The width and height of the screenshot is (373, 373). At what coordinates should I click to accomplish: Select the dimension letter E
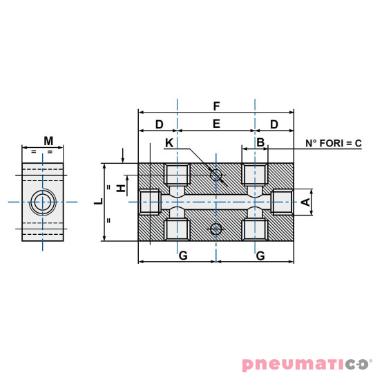pyautogui.click(x=216, y=124)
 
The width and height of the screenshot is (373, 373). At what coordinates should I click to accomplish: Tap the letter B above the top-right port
pyautogui.click(x=260, y=142)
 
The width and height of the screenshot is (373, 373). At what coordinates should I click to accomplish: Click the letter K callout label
pyautogui.click(x=170, y=143)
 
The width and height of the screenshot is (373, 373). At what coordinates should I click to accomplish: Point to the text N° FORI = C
pyautogui.click(x=334, y=143)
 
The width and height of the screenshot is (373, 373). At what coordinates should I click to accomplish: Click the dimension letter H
pyautogui.click(x=119, y=188)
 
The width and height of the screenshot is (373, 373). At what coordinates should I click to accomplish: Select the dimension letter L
pyautogui.click(x=98, y=201)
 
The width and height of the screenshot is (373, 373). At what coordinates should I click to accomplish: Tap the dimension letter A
pyautogui.click(x=305, y=202)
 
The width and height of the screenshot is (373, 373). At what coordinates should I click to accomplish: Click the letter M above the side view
pyautogui.click(x=48, y=141)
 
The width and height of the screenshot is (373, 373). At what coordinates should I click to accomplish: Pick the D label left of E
pyautogui.click(x=158, y=124)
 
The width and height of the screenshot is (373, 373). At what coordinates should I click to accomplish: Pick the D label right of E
pyautogui.click(x=274, y=124)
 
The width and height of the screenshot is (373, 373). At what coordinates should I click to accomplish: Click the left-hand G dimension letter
pyautogui.click(x=183, y=256)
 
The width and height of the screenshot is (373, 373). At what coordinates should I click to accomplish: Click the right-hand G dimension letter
pyautogui.click(x=260, y=256)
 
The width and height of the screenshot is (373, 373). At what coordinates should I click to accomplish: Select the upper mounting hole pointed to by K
pyautogui.click(x=217, y=175)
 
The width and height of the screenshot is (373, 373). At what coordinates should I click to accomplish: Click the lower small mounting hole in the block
pyautogui.click(x=217, y=229)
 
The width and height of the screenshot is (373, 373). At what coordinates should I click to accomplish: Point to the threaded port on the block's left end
pyautogui.click(x=149, y=202)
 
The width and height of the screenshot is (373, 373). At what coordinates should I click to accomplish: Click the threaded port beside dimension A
pyautogui.click(x=283, y=202)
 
